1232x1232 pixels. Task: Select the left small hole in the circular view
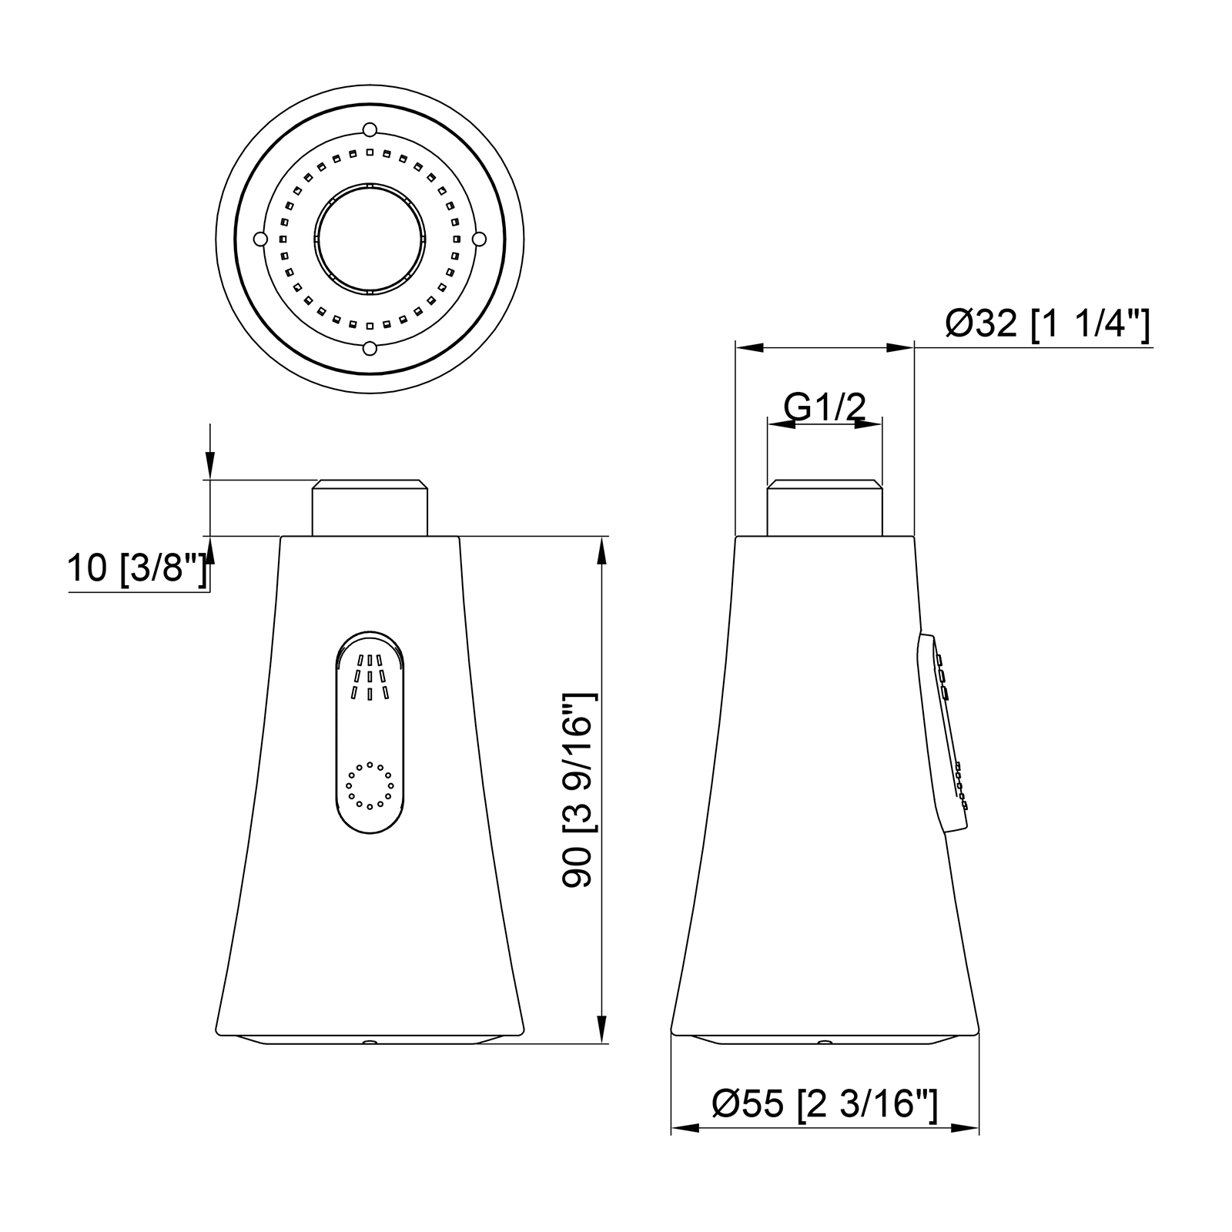pos(260,239)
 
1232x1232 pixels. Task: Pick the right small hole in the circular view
pos(480,239)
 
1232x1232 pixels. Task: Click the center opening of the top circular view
pos(370,239)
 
